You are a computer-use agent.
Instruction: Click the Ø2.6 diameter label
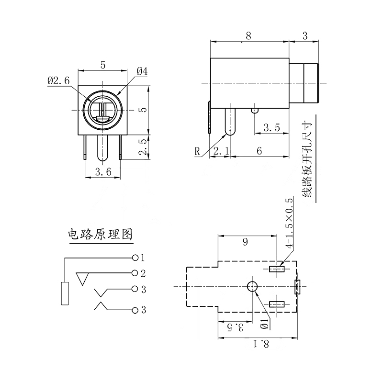tap(58, 81)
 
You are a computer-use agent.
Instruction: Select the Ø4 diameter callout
tap(142, 71)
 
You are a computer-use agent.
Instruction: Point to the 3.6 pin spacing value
tap(103, 172)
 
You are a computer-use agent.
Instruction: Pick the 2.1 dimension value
tap(221, 151)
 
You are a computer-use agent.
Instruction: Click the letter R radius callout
tap(197, 152)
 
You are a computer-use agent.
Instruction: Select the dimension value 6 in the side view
tap(259, 151)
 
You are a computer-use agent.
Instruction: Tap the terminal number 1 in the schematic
tap(142, 258)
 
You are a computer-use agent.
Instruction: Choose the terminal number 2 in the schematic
tap(142, 273)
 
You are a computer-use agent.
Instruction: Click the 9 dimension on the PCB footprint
tap(246, 242)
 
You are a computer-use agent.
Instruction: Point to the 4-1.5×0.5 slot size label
tap(289, 223)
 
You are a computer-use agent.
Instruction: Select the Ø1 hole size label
tap(264, 324)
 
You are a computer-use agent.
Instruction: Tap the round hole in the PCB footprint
tap(252, 287)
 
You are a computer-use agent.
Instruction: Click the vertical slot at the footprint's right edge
tap(297, 286)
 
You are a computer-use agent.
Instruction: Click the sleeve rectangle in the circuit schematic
tap(65, 293)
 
